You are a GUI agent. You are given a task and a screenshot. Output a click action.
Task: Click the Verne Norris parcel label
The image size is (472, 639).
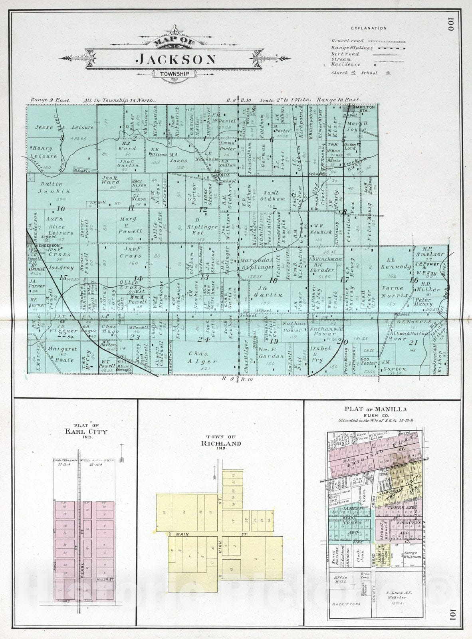click(x=395, y=292)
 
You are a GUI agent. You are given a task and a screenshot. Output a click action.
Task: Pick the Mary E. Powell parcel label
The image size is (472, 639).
click(x=130, y=225)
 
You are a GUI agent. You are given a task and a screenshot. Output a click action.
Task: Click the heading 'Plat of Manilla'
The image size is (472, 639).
click(x=376, y=409)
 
